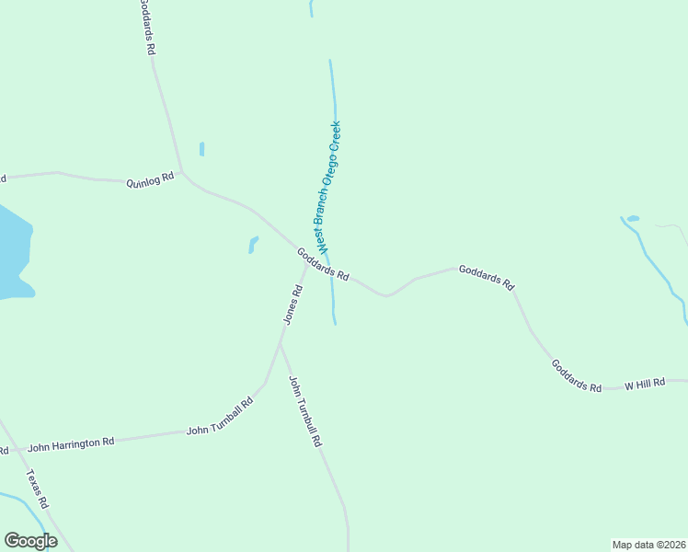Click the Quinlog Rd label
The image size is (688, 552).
[150, 180]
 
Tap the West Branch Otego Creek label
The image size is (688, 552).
[329, 187]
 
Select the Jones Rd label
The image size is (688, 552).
[292, 305]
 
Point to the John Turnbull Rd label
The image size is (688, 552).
[304, 411]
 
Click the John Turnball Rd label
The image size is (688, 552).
[220, 417]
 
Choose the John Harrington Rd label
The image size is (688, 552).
[71, 445]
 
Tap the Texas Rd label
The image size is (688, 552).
[37, 489]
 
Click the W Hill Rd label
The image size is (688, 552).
[645, 382]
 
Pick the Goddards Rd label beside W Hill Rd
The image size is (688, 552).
[576, 375]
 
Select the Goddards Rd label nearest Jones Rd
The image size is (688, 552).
[323, 264]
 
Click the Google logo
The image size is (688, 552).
[30, 541]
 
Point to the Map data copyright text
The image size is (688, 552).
[649, 545]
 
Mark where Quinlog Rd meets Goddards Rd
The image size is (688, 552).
[182, 172]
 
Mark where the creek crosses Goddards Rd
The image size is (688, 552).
[330, 269]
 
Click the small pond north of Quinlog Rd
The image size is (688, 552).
[201, 148]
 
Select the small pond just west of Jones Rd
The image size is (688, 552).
[253, 245]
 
